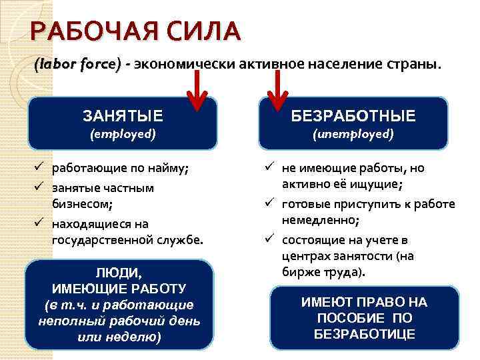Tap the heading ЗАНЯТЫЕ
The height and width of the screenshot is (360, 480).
pos(123,116)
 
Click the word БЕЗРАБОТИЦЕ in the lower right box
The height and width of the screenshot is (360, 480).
pos(365,334)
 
